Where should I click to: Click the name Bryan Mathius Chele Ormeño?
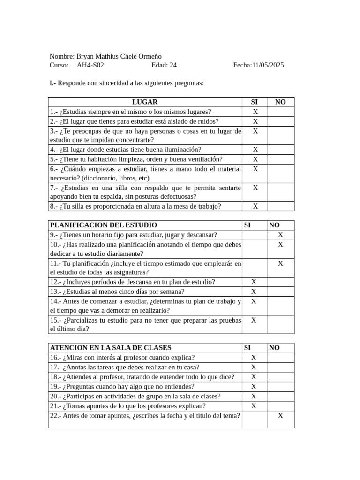coord(119,56)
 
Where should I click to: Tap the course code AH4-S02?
coord(90,65)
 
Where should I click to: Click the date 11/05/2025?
coord(268,65)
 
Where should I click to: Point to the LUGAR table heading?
coord(145,102)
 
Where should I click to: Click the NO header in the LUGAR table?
coord(280,102)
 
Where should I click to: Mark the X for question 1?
coord(255,112)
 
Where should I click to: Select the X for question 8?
coord(255,206)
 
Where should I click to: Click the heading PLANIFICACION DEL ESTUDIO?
coord(104,225)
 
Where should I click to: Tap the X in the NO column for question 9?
coord(280,235)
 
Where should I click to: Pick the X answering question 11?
coord(280,263)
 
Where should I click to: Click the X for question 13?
coord(254,292)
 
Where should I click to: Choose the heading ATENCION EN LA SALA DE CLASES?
coord(111,348)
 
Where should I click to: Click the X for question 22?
coord(280,415)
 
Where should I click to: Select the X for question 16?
coord(254,358)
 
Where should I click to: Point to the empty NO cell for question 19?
coord(280,387)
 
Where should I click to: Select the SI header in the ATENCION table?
coord(247,348)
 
